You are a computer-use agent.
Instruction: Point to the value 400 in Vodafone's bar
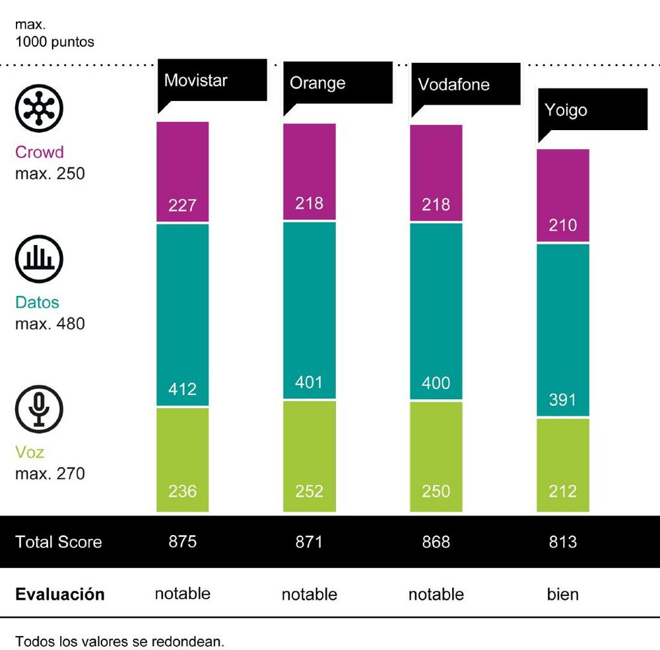point(436,383)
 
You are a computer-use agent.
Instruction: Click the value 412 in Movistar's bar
point(182,389)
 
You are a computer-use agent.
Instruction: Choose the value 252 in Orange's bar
point(309,491)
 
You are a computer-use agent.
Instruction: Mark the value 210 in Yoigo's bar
point(562,225)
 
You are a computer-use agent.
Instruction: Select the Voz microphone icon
point(39,407)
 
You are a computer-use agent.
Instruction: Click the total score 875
point(182,542)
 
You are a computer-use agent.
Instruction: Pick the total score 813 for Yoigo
point(562,542)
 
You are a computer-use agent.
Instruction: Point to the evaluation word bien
point(562,594)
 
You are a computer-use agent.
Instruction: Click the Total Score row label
point(59,542)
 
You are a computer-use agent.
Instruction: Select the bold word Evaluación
point(60,594)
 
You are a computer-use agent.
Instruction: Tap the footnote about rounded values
point(119,641)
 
